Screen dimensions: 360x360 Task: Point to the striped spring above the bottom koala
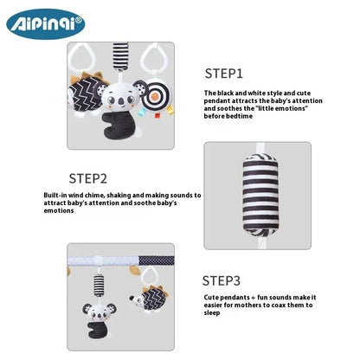tap(95, 281)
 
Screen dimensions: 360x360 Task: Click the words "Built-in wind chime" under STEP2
tap(74, 196)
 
